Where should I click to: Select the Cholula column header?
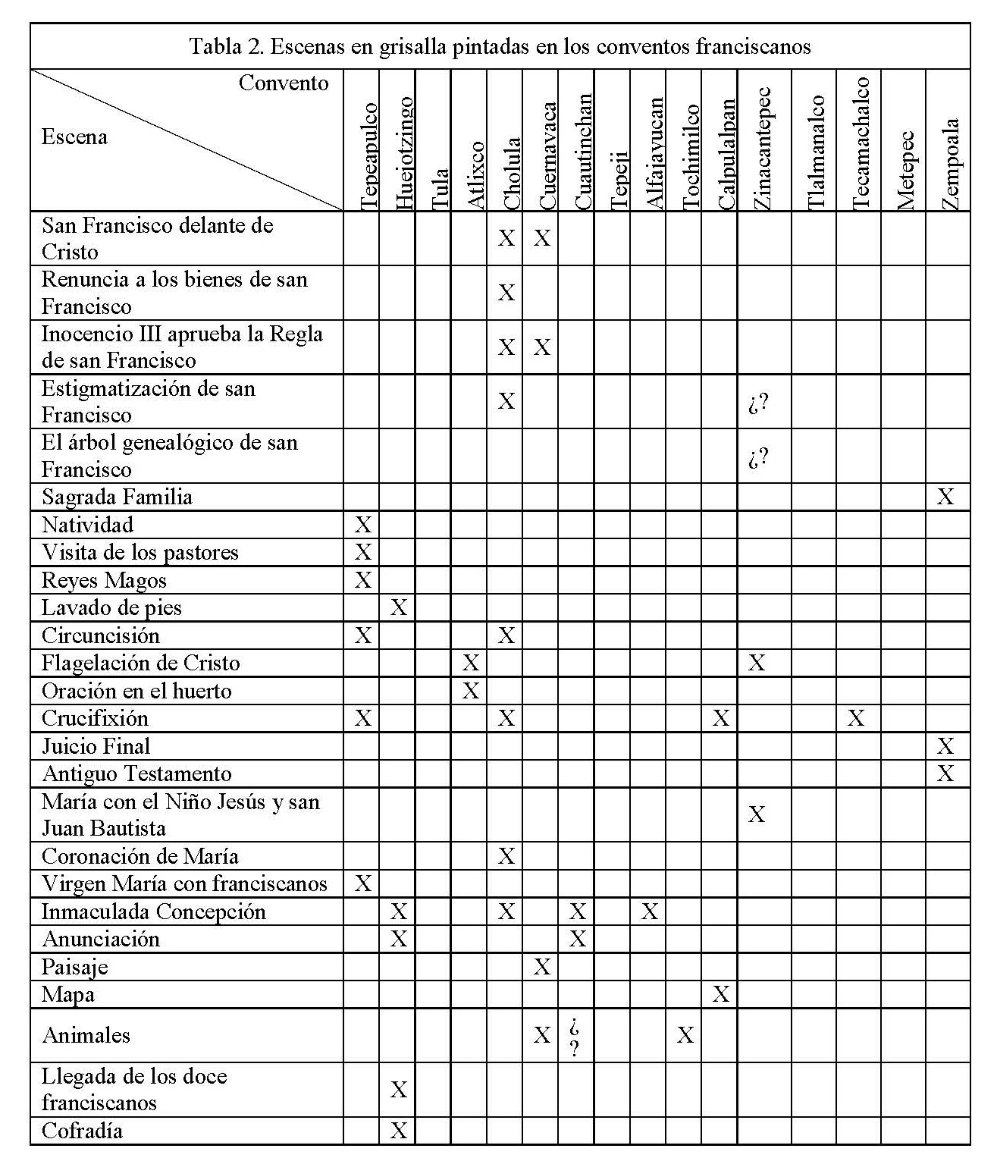[513, 173]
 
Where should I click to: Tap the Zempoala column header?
[952, 164]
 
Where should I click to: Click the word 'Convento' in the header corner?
[284, 83]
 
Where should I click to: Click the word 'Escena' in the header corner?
[74, 137]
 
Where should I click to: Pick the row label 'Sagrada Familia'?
[117, 497]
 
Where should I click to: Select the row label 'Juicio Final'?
[96, 746]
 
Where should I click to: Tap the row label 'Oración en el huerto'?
[136, 691]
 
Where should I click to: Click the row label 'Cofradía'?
[82, 1131]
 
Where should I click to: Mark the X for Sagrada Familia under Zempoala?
[945, 497]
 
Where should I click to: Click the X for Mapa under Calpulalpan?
[720, 994]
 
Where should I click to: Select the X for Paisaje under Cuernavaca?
[541, 967]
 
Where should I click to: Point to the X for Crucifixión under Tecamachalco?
[856, 718]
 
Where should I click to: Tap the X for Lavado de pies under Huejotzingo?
[398, 607]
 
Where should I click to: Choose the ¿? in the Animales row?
[575, 1037]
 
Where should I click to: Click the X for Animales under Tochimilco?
[685, 1035]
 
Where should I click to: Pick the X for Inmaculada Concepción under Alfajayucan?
[649, 912]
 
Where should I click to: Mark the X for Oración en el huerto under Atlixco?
[470, 691]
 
